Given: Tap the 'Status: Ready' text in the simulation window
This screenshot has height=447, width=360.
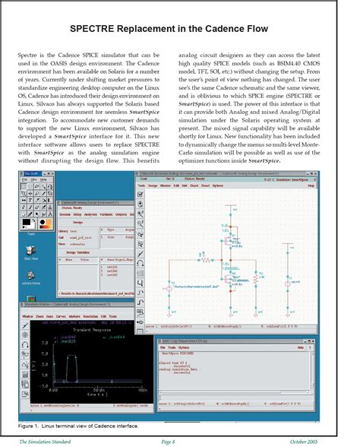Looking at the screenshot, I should (75, 208).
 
